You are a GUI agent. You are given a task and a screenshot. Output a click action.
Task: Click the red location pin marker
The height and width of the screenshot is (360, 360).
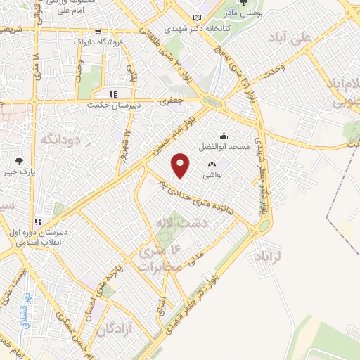tap(181, 165)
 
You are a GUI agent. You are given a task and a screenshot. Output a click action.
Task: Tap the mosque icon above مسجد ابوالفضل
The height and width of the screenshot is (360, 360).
tap(224, 136)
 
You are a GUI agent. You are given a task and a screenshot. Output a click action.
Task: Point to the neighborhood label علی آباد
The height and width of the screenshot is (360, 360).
tap(311, 41)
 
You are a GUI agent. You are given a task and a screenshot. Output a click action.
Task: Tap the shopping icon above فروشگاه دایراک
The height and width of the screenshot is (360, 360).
tap(98, 32)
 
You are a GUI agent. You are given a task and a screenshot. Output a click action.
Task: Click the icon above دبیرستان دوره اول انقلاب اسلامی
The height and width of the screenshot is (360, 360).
tap(39, 221)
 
